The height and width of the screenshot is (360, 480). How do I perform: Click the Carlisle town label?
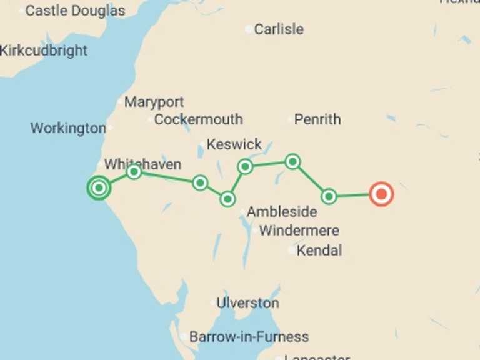pyautogui.click(x=279, y=29)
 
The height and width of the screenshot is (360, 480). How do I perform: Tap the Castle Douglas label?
pyautogui.click(x=75, y=11)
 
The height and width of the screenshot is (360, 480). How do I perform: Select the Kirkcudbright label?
pyautogui.click(x=44, y=51)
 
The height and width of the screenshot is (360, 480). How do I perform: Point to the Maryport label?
pyautogui.click(x=154, y=102)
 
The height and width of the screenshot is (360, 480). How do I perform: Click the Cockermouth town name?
pyautogui.click(x=198, y=119)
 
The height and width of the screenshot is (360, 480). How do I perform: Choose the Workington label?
pyautogui.click(x=68, y=128)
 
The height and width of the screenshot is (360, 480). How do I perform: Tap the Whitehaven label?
pyautogui.click(x=142, y=164)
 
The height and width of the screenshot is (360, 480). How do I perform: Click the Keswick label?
pyautogui.click(x=234, y=144)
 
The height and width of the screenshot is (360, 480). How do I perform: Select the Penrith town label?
pyautogui.click(x=317, y=119)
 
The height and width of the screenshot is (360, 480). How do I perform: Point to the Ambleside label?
pyautogui.click(x=281, y=212)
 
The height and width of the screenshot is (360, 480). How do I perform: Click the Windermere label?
pyautogui.click(x=299, y=231)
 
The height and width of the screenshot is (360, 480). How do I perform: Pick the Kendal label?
pyautogui.click(x=319, y=251)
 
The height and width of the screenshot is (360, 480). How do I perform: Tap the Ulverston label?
pyautogui.click(x=247, y=303)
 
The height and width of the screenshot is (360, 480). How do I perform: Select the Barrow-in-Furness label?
pyautogui.click(x=249, y=337)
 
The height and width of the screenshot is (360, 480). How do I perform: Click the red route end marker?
pyautogui.click(x=381, y=194)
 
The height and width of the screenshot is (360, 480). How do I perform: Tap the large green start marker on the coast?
pyautogui.click(x=99, y=187)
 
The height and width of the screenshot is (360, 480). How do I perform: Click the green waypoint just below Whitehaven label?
pyautogui.click(x=134, y=172)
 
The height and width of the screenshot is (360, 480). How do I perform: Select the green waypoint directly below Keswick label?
pyautogui.click(x=245, y=166)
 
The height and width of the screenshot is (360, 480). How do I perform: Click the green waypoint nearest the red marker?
pyautogui.click(x=329, y=196)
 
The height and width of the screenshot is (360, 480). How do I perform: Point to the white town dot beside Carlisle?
pyautogui.click(x=249, y=29)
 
